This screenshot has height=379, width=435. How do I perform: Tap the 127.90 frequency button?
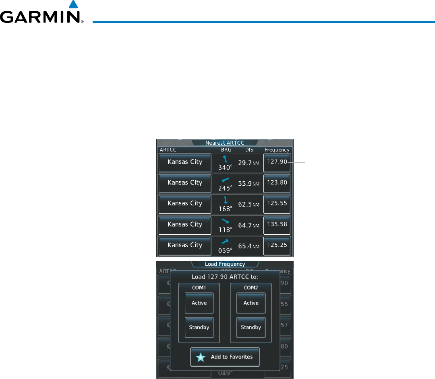point(277,162)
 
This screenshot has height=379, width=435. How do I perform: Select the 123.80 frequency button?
point(277,183)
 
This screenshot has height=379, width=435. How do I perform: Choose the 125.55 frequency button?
point(277,204)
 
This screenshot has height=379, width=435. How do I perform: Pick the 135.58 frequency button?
point(277,225)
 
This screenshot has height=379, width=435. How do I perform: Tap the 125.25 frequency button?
point(277,246)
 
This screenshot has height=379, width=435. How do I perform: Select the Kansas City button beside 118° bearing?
point(185,225)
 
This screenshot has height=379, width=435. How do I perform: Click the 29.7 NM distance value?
point(249,162)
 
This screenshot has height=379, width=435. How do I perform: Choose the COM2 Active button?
point(251,303)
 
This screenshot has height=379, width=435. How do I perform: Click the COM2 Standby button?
point(251,328)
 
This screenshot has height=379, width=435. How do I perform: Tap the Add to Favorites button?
point(225,357)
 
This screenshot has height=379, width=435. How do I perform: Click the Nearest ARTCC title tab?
point(225,143)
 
